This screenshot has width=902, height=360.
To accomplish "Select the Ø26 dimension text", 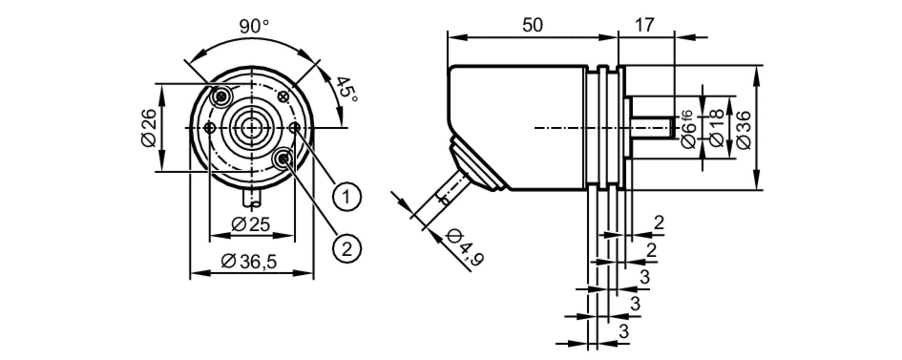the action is tap(148, 128).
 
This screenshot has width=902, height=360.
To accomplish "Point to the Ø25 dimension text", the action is tap(251, 224).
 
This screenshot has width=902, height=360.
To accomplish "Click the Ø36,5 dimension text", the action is tap(249, 262).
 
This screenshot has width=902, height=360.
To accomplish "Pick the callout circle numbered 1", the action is tap(347, 197).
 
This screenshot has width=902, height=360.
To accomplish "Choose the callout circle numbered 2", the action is tap(347, 249).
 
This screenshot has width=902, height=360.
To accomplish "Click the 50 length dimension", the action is tap(532, 25).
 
